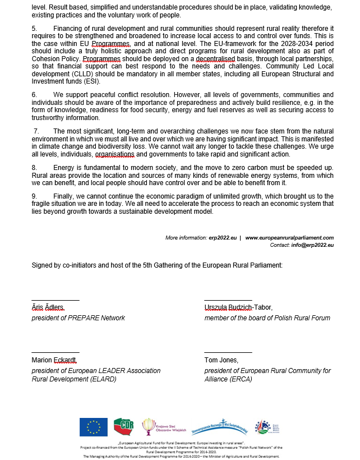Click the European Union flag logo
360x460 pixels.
pyautogui.click(x=93, y=427)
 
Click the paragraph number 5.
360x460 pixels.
pyautogui.click(x=34, y=28)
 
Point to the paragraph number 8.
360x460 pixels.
pyautogui.click(x=34, y=168)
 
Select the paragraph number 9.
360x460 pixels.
pyautogui.click(x=34, y=196)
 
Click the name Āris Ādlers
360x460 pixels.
pyautogui.click(x=48, y=307)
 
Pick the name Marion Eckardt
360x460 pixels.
pyautogui.click(x=54, y=360)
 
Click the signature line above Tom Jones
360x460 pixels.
pyautogui.click(x=228, y=352)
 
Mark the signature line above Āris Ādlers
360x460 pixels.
pyautogui.click(x=55, y=300)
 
